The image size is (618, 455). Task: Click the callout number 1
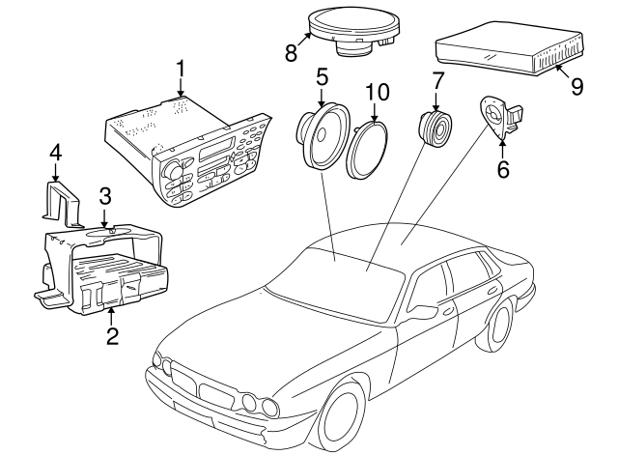coord(181,69)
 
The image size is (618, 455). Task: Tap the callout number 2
coord(112,336)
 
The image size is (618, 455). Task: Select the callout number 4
coord(55,153)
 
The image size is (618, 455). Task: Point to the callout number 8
coord(291,53)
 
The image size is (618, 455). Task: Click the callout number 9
coord(576,86)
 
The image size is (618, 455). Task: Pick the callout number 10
coord(378,92)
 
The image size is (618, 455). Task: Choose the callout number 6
coord(503,169)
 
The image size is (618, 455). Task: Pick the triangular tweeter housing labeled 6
coord(499,116)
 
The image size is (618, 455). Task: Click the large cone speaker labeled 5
coord(323,136)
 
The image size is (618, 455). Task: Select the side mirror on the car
coord(424,310)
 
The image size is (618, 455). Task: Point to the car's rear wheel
coord(500,327)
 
